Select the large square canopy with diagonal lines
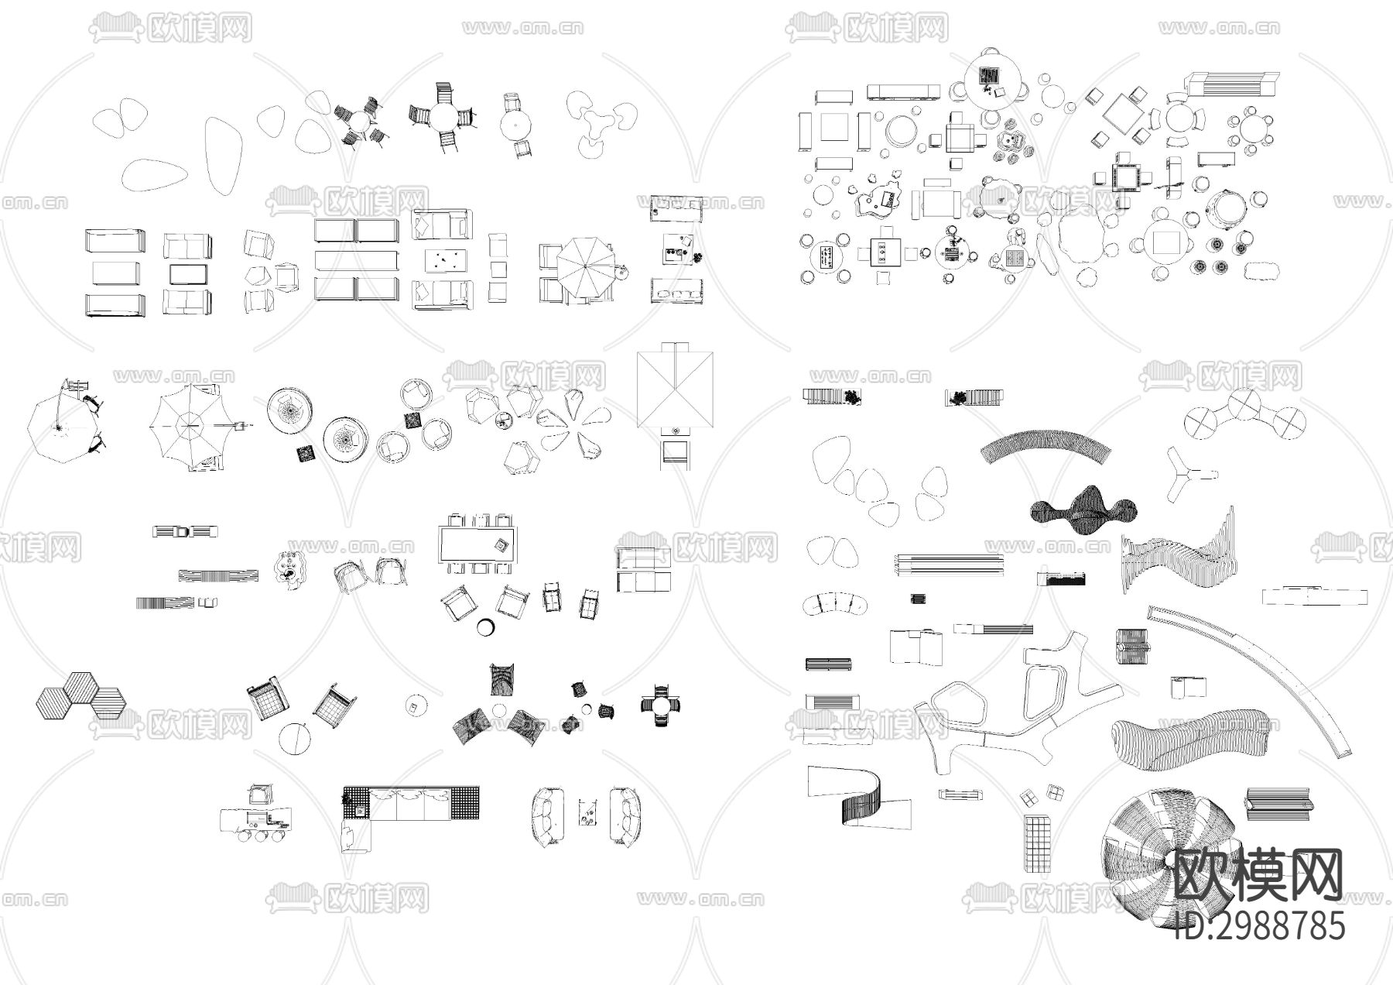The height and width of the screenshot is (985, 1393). coord(675,385)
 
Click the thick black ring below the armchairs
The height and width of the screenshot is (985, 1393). coord(487,627)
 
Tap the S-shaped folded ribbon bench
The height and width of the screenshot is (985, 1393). coord(858,798)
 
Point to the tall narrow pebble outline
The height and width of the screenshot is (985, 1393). coord(224,156)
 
